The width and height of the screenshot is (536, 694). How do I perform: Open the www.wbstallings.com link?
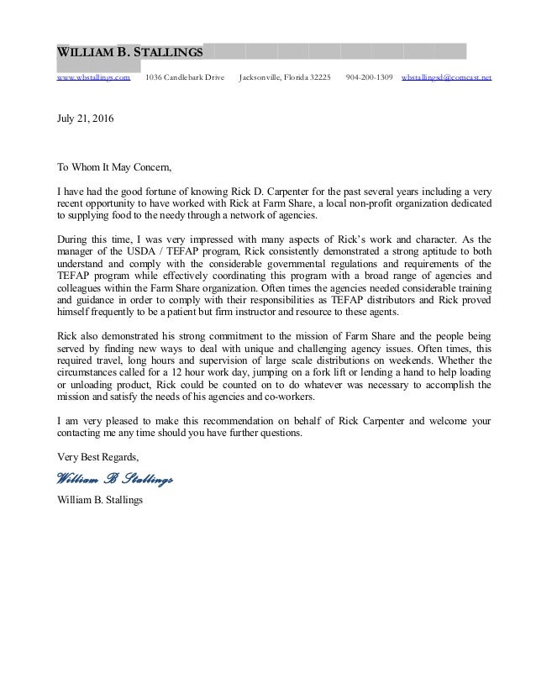[92, 77]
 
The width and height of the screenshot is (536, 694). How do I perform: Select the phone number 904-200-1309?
[369, 77]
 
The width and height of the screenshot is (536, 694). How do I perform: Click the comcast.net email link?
[447, 77]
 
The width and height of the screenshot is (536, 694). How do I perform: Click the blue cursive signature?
[114, 479]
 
